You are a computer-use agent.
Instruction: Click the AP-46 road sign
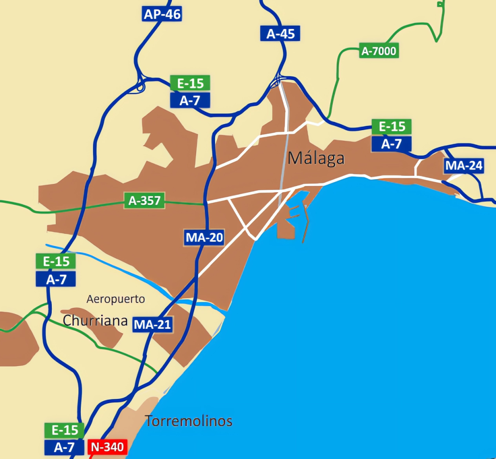coord(162,14)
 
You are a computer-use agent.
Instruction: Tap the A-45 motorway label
coord(280,33)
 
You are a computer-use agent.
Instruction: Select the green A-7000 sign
coord(379,50)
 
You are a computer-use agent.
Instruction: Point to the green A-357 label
coord(145,200)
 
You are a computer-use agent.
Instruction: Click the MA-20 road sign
coord(204,238)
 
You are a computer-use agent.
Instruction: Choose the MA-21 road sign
coord(153,324)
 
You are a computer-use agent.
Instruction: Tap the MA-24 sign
coord(464,166)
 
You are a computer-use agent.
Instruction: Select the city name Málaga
coord(316,158)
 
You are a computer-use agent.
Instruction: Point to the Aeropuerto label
coord(116,299)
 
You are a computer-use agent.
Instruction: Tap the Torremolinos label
coord(189,421)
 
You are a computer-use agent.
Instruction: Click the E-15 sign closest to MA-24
coord(391,127)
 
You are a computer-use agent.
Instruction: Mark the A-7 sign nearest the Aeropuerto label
coord(56,279)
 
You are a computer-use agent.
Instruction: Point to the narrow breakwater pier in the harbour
coord(305,223)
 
